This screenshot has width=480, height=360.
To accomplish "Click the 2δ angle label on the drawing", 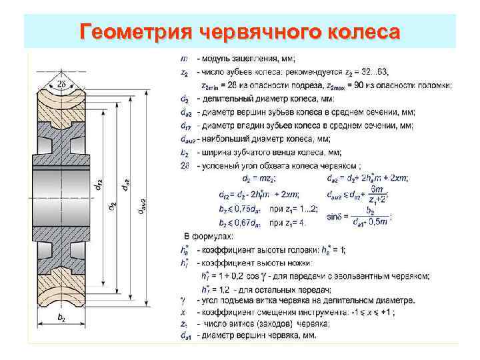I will point(61,83).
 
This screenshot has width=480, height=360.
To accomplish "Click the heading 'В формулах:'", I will point(207,237).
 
